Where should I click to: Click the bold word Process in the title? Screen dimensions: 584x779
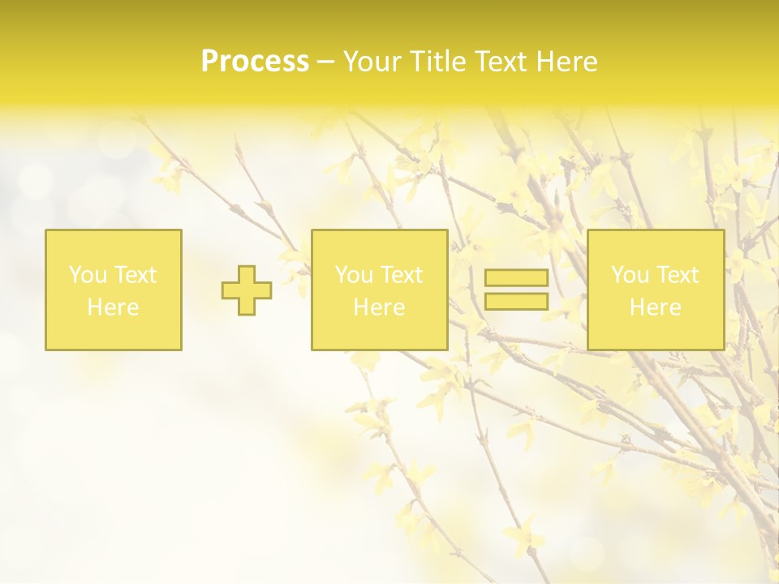tap(255, 62)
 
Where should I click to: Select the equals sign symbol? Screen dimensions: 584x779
tap(516, 290)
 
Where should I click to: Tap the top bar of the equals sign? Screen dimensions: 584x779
tap(516, 278)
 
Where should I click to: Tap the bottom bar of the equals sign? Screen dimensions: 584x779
tap(516, 301)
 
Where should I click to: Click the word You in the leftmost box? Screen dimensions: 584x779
tap(87, 275)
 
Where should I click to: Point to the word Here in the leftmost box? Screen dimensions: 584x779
tap(113, 307)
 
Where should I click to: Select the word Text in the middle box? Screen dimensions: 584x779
tap(402, 275)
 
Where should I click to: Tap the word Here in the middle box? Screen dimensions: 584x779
tap(379, 307)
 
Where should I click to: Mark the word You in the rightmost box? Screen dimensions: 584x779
tap(629, 275)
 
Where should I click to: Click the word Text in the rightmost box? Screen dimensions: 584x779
tap(678, 275)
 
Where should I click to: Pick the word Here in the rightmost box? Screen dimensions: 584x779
tap(655, 307)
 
